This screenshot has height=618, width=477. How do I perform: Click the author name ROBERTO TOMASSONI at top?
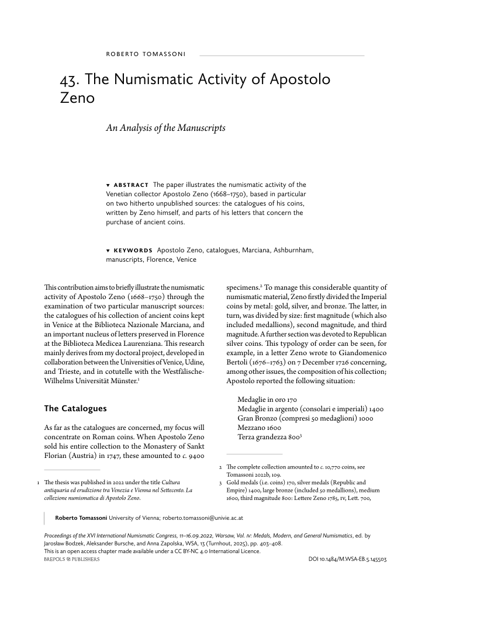pyautogui.click(x=146, y=55)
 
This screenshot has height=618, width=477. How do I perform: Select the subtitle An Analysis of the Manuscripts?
pyautogui.click(x=165, y=127)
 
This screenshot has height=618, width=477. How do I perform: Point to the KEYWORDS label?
pyautogui.click(x=133, y=251)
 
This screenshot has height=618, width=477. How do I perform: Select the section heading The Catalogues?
pyautogui.click(x=75, y=408)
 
